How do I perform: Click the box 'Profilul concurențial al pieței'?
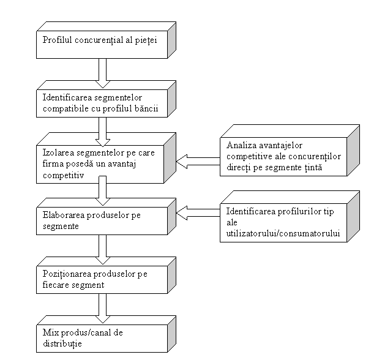[102, 41]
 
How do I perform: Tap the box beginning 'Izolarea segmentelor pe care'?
[102, 162]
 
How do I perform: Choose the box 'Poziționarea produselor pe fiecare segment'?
[102, 279]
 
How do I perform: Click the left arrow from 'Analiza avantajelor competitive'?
[198, 162]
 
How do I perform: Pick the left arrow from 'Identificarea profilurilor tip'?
[198, 214]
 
